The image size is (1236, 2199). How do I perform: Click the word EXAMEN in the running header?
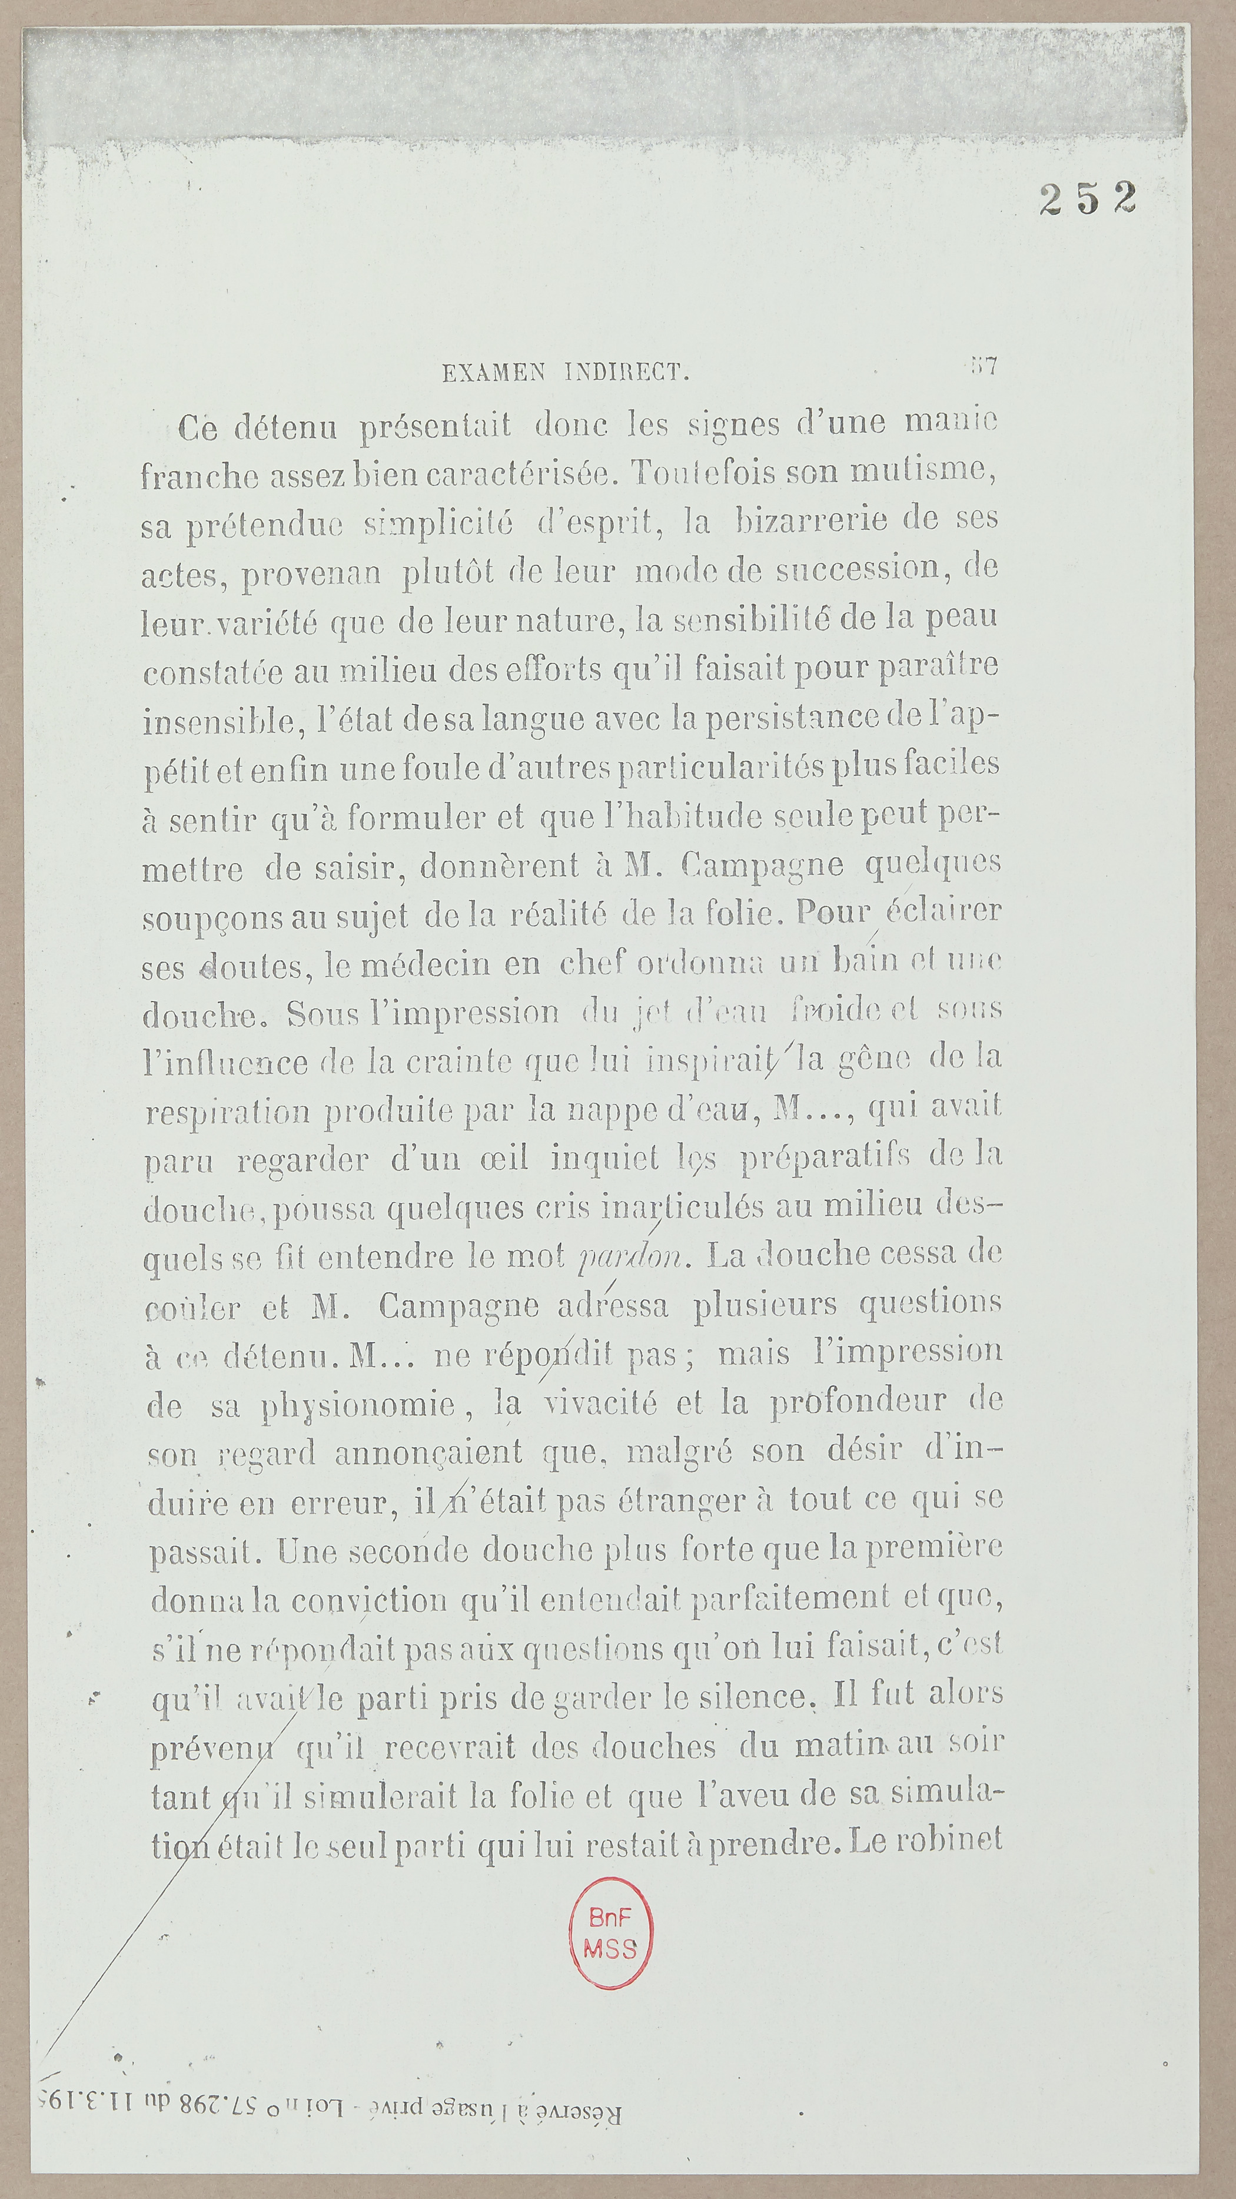point(493,373)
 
